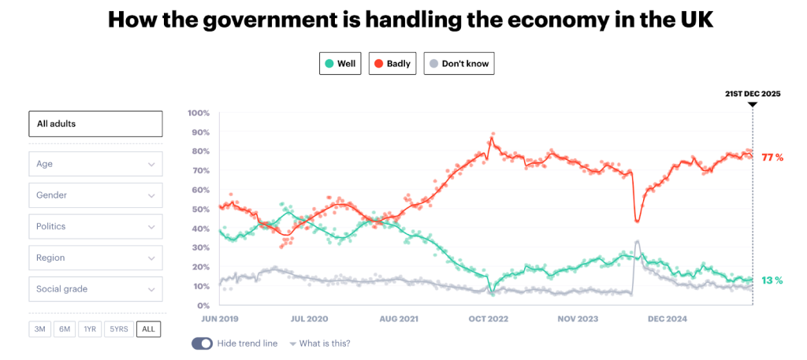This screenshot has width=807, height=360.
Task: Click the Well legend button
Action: (340, 64)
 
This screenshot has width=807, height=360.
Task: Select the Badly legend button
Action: (392, 64)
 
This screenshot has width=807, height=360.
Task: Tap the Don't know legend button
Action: (459, 64)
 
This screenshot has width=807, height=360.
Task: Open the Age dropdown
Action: (95, 164)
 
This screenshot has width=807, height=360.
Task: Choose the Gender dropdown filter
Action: (95, 195)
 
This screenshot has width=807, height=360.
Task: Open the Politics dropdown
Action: (95, 227)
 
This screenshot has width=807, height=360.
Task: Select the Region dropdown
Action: (95, 258)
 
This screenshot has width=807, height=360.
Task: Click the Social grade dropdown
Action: (95, 289)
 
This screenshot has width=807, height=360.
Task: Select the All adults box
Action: (95, 124)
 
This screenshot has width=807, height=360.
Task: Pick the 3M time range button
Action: (39, 329)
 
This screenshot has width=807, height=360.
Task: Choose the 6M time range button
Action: (65, 329)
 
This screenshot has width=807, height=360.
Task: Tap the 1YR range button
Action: (90, 329)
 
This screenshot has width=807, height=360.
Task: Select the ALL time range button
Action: (148, 329)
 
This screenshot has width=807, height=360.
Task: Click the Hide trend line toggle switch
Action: (202, 343)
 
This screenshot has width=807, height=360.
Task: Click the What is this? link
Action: (324, 343)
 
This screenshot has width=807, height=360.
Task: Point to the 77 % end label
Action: (772, 158)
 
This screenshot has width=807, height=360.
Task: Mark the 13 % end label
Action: (772, 280)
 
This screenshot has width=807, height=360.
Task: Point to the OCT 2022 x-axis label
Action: (489, 319)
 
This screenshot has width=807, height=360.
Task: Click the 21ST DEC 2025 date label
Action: (753, 94)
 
